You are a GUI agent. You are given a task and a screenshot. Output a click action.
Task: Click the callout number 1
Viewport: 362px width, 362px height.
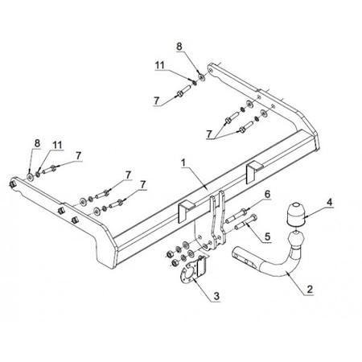tap(183, 162)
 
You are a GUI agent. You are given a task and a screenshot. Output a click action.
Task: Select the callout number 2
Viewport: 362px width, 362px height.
tap(310, 289)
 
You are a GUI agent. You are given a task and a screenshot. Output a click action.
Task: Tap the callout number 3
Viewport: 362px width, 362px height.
tap(216, 296)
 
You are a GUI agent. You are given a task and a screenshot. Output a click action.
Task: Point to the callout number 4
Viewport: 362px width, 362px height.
tap(330, 202)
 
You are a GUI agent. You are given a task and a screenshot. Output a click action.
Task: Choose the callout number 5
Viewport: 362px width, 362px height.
tap(267, 237)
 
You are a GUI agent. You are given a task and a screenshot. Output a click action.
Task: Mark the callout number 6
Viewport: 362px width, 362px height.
tap(267, 194)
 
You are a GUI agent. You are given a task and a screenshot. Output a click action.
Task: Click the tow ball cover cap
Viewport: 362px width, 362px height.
tap(297, 215)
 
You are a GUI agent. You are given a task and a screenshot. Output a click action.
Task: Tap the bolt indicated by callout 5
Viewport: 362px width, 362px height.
tap(246, 222)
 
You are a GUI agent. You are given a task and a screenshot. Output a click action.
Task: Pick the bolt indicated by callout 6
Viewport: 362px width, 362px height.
tap(237, 216)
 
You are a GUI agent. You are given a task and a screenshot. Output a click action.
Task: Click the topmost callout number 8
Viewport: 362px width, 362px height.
tap(179, 47)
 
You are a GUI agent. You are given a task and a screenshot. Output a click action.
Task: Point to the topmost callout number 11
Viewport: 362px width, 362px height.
tap(160, 65)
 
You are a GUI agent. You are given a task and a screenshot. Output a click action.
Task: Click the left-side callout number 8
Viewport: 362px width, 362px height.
tap(37, 143)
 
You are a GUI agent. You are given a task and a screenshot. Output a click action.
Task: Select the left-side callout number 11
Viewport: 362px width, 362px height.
tap(57, 145)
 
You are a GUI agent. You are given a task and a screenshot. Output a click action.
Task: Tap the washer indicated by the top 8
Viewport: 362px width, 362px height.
tap(202, 77)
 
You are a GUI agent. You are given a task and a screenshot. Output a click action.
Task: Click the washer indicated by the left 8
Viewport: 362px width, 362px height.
tap(30, 177)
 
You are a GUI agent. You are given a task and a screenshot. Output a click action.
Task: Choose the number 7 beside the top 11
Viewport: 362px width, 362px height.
tap(157, 101)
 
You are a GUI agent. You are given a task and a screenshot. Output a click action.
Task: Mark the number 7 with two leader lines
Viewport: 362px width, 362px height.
tap(209, 134)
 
